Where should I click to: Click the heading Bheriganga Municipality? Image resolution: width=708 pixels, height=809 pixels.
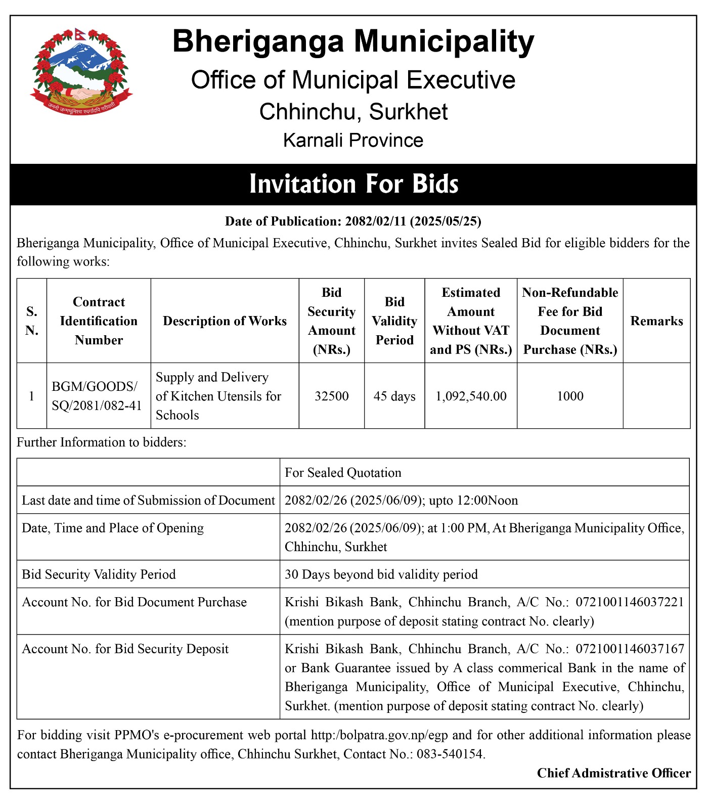point(353,41)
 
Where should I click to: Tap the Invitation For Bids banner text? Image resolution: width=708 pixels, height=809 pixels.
point(353,185)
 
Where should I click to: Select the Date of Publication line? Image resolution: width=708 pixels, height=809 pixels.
point(353,221)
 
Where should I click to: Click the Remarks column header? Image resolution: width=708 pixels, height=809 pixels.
point(656,321)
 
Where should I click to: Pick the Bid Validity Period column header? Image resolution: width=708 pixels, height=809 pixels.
point(394,321)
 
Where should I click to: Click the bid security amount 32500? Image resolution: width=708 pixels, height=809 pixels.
point(332,396)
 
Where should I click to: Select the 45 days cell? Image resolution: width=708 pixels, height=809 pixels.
point(394,396)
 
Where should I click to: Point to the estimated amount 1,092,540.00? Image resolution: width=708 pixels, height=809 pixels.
point(471,396)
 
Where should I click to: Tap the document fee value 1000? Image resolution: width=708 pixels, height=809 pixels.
point(570,396)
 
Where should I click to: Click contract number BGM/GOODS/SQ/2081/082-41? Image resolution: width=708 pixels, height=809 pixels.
point(97,396)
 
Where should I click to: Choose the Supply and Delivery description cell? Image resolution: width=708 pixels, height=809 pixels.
point(218,396)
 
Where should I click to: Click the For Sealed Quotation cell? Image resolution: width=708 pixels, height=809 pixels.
point(343,473)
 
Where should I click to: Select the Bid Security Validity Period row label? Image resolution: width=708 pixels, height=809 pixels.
point(99,574)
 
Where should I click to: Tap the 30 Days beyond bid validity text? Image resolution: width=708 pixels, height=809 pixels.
point(381,574)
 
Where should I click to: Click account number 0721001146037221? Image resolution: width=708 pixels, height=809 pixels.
point(630,602)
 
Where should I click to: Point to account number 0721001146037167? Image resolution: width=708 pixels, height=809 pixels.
point(630,649)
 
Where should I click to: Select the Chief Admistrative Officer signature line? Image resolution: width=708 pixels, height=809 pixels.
point(613,773)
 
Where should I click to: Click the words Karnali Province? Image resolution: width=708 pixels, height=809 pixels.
point(353,141)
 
